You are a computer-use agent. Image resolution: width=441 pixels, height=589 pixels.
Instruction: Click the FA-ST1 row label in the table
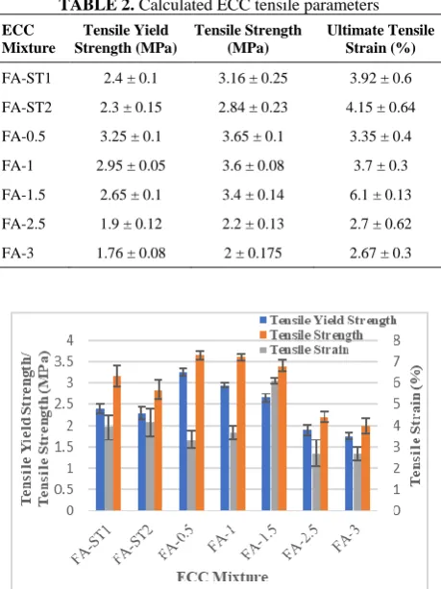point(26,78)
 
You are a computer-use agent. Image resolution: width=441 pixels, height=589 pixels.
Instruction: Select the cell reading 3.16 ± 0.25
point(253,78)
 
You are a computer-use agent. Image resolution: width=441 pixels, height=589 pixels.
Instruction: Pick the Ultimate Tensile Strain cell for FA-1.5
point(380,195)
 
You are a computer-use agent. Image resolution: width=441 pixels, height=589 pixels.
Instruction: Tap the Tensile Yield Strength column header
point(126,39)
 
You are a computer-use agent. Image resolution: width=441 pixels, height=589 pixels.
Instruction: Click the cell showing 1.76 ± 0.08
point(131,253)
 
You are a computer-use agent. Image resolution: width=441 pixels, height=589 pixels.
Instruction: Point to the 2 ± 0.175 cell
point(253,253)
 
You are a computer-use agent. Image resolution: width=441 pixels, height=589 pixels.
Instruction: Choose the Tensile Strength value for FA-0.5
point(253,136)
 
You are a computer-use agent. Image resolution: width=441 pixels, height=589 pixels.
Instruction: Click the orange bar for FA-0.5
point(200,432)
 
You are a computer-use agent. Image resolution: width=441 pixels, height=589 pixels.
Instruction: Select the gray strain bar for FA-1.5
point(274,446)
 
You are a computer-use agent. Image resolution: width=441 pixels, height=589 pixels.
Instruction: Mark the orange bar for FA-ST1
point(117,443)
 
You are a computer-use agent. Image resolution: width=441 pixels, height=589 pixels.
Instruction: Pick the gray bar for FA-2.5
point(315,481)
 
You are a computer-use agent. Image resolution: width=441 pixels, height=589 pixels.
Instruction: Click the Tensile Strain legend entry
point(305,350)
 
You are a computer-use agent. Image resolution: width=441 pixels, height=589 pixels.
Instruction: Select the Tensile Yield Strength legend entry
point(328,320)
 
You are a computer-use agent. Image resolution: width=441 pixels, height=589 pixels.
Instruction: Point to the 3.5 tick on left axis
point(63,361)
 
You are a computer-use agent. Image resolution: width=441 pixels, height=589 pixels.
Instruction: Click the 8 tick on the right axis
point(397,340)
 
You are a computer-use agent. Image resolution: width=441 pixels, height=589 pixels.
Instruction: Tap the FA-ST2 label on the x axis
point(134,544)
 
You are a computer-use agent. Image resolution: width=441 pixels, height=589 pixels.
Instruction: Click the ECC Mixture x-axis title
point(222,577)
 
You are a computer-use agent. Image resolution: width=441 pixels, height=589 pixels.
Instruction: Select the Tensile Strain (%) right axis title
point(415,425)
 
